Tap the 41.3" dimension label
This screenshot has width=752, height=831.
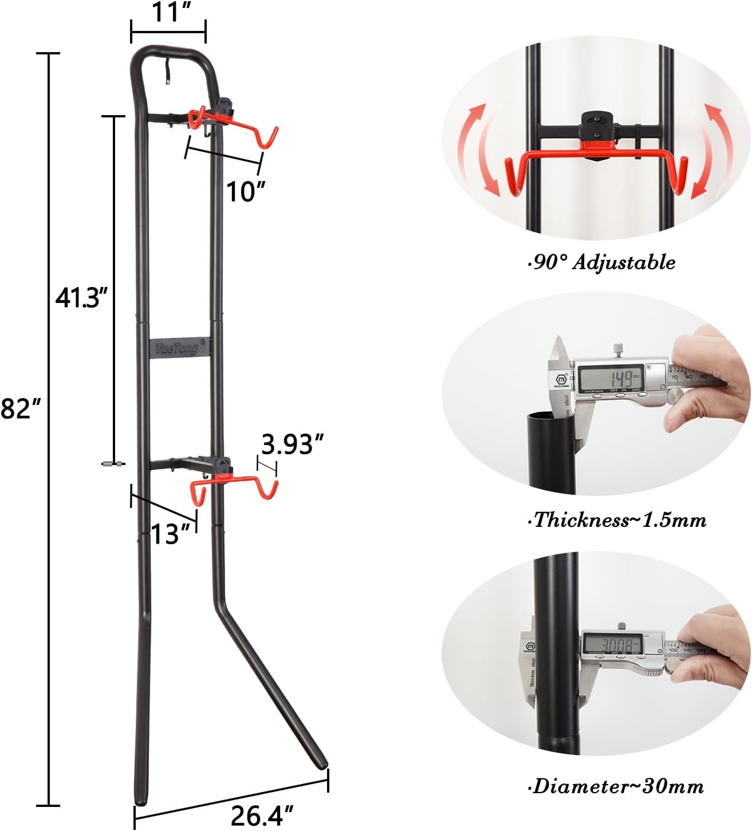[x=81, y=298]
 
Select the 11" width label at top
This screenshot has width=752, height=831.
[x=171, y=12]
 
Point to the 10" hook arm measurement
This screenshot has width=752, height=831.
[x=246, y=192]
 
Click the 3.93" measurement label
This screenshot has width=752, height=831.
[x=292, y=444]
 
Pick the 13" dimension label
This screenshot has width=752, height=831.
[x=170, y=535]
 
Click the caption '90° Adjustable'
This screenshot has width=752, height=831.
[x=601, y=262]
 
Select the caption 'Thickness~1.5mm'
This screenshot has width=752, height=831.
[x=617, y=520]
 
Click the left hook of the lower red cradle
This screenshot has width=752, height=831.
[x=196, y=494]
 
